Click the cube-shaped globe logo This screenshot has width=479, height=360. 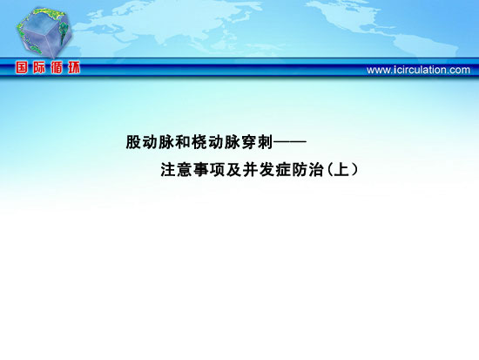click(x=44, y=33)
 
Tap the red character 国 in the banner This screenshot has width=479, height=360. click(x=22, y=67)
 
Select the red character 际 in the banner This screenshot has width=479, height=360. click(x=39, y=67)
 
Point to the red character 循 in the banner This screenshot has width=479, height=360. click(x=57, y=67)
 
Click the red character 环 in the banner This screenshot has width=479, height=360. click(x=74, y=67)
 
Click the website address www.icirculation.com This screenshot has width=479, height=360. click(x=418, y=70)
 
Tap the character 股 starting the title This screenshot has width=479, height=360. click(x=134, y=142)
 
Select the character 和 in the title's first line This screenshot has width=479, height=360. click(x=183, y=142)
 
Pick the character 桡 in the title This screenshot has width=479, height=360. click(x=199, y=142)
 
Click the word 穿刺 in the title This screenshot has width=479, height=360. click(x=257, y=142)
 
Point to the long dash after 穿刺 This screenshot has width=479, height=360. click(x=290, y=142)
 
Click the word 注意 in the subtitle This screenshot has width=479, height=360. click(x=176, y=170)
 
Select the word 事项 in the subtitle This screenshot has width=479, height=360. click(x=209, y=170)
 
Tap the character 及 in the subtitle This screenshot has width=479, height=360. click(x=234, y=170)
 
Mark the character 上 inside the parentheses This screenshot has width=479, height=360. click(x=341, y=170)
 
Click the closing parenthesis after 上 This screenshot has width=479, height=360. click(x=354, y=170)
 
